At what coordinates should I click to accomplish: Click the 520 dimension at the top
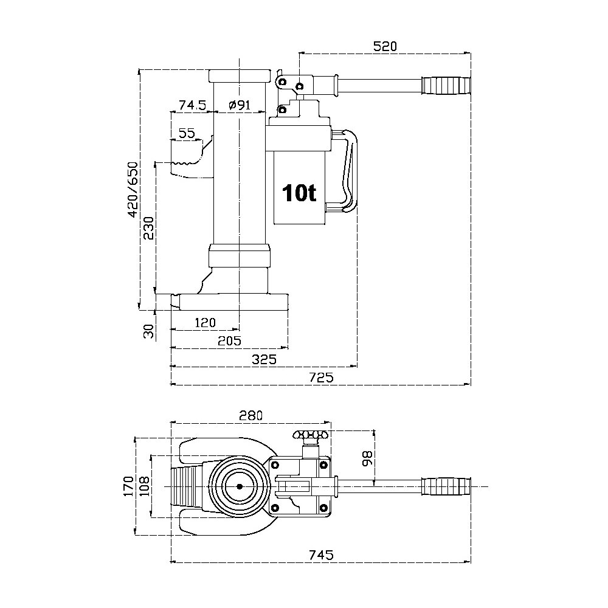click(x=384, y=46)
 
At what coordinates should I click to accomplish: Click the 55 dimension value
click(x=187, y=133)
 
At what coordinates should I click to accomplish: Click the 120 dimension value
click(x=204, y=322)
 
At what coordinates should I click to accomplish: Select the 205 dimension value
click(x=229, y=340)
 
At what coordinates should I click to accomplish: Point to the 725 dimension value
click(x=322, y=377)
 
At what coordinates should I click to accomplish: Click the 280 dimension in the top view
click(x=250, y=416)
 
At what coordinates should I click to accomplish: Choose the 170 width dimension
click(x=128, y=486)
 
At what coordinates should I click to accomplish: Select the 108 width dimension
click(x=143, y=486)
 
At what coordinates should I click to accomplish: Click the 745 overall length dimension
click(x=322, y=554)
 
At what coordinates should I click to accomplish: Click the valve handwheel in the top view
click(x=310, y=435)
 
